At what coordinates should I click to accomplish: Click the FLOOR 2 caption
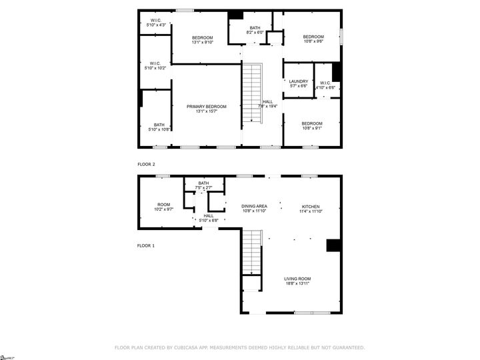point(145,163)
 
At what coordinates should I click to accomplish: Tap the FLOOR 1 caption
point(145,246)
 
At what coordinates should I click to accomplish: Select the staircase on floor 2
point(251,93)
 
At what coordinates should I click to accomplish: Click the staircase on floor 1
point(251,251)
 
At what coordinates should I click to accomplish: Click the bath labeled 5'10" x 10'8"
point(159,127)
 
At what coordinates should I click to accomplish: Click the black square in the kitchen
point(333,245)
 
